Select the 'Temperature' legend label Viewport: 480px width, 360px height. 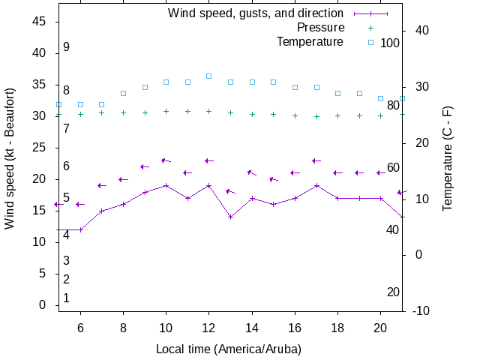310,42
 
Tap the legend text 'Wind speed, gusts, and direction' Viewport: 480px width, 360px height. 255,13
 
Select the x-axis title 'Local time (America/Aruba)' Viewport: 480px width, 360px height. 228,349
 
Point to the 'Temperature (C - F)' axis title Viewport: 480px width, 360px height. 448,157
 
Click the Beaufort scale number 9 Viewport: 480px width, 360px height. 66,47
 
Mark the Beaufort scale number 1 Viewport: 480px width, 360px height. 66,298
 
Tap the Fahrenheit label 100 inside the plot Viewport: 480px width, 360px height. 390,43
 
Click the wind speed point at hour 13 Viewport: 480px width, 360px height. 231,217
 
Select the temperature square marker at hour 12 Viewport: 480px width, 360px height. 209,76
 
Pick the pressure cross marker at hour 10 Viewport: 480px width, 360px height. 166,111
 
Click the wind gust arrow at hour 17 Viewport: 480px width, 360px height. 316,160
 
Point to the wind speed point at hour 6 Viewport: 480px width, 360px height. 80,229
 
